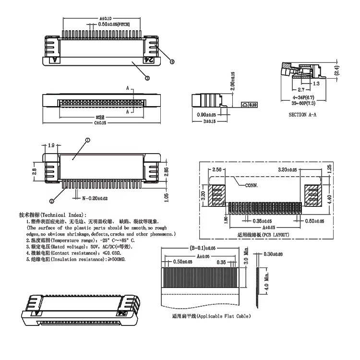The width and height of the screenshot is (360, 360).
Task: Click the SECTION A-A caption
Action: [x=302, y=115]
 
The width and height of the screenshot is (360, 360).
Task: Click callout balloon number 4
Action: [x=172, y=61]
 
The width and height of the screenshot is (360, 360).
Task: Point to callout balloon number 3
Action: [x=147, y=78]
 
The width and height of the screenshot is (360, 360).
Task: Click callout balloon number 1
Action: [x=87, y=140]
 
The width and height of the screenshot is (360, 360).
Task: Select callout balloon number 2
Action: [x=51, y=201]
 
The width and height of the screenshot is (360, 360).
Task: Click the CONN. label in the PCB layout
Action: [x=252, y=185]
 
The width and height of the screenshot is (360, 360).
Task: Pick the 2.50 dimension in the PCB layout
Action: [x=217, y=170]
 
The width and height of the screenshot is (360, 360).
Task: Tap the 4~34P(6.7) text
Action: [x=303, y=97]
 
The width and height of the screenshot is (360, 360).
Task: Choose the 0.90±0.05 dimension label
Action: [x=206, y=115]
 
